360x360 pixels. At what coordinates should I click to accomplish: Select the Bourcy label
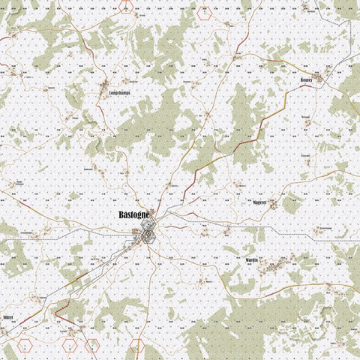pyautogui.click(x=305, y=77)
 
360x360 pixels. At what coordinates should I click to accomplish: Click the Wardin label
pyautogui.click(x=251, y=259)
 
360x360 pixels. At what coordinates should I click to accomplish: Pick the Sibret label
pyautogui.click(x=9, y=318)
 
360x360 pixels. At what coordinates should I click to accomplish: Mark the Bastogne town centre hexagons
pyautogui.click(x=148, y=235)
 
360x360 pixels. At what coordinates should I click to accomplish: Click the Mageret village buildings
pyautogui.click(x=274, y=204)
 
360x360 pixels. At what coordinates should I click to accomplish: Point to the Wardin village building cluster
pyautogui.click(x=280, y=261)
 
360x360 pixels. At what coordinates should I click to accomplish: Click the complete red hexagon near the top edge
pyautogui.click(x=202, y=11)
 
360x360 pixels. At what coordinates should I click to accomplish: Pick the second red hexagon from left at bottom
pyautogui.click(x=70, y=346)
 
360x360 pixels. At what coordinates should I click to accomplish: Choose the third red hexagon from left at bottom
pyautogui.click(x=92, y=346)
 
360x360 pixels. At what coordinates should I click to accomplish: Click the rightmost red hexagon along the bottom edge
pyautogui.click(x=136, y=346)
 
